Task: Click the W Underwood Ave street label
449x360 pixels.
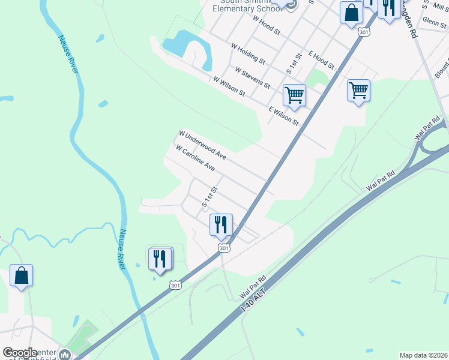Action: pyautogui.click(x=202, y=145)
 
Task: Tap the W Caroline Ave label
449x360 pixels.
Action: pyautogui.click(x=194, y=157)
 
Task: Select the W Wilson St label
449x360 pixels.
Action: pyautogui.click(x=229, y=86)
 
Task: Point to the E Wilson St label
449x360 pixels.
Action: pyautogui.click(x=283, y=115)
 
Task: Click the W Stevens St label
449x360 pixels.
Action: pyautogui.click(x=253, y=76)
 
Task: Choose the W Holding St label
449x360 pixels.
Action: pyautogui.click(x=248, y=53)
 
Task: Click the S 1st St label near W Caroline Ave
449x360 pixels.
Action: pyautogui.click(x=209, y=197)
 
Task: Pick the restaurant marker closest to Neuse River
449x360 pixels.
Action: pyautogui.click(x=159, y=259)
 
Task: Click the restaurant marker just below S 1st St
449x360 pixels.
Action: pyautogui.click(x=220, y=225)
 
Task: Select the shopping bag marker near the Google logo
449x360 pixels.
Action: pyautogui.click(x=21, y=276)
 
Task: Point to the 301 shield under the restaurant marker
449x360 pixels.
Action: pyautogui.click(x=223, y=248)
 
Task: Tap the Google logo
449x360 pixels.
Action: pyautogui.click(x=20, y=353)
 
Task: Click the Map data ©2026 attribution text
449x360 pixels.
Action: pyautogui.click(x=423, y=355)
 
